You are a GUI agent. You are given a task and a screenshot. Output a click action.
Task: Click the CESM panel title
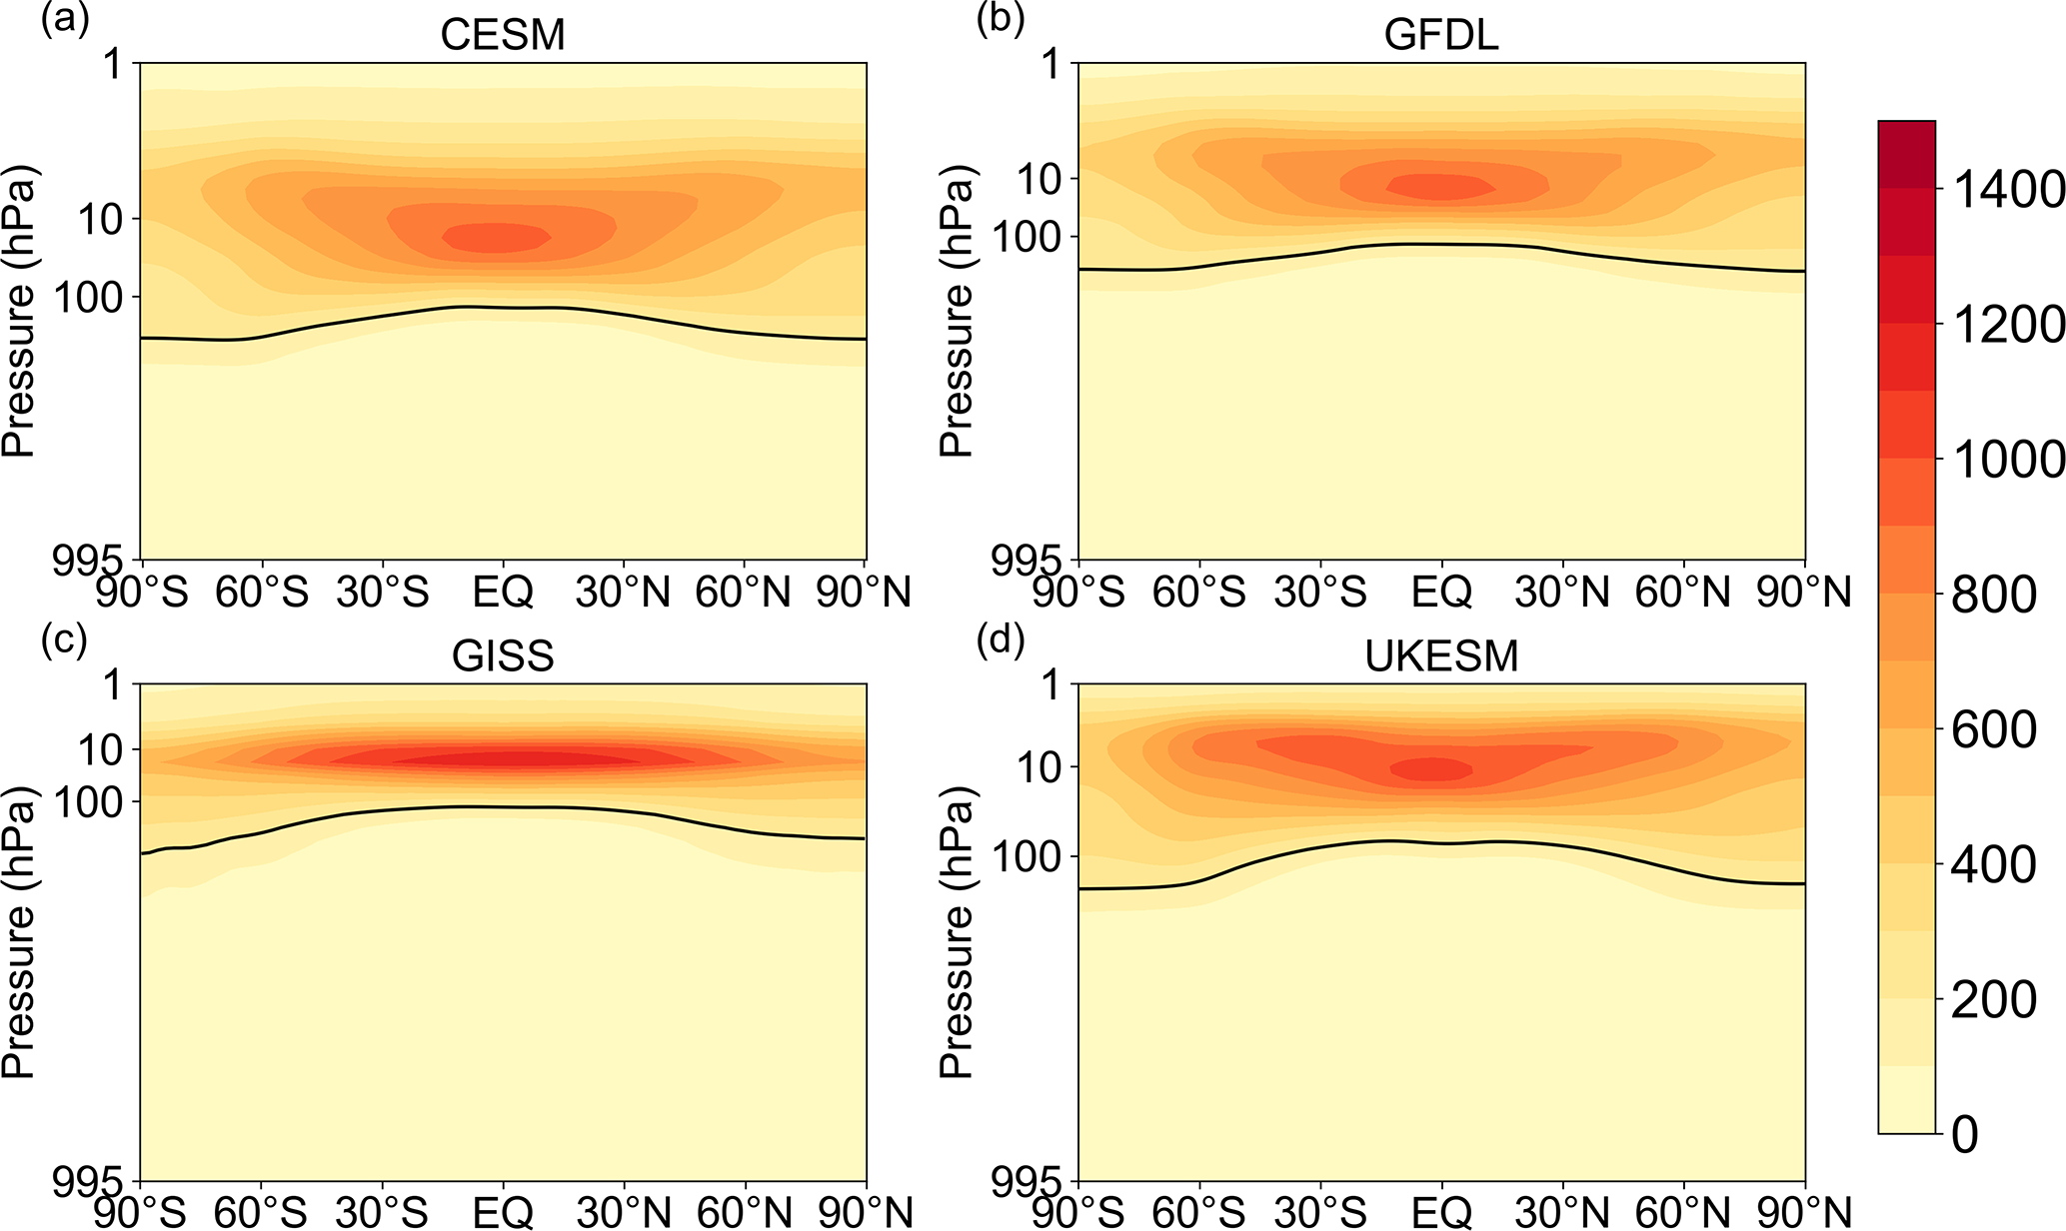point(503,35)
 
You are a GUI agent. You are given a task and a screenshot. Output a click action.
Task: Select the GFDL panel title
point(1441,35)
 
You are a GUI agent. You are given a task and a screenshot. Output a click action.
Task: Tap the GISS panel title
point(503,656)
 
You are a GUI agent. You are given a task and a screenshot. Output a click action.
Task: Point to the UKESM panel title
point(1441,656)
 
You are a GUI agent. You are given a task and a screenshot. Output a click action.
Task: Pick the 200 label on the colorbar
point(1993,998)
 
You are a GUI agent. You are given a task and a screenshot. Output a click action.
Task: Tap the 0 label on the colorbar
point(1964,1134)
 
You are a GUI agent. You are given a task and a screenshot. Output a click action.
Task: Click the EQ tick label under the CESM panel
point(503,593)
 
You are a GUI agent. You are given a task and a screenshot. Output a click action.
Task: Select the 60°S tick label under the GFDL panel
point(1198,593)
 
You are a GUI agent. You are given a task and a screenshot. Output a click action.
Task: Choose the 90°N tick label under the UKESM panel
point(1804,1213)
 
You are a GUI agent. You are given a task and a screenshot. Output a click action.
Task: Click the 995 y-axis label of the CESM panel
point(92,560)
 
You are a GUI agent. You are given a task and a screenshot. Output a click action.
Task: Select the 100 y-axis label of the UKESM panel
point(1024,857)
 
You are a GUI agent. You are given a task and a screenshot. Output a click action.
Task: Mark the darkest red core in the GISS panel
point(520,759)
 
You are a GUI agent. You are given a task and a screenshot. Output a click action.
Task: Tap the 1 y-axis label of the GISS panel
point(114,686)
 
